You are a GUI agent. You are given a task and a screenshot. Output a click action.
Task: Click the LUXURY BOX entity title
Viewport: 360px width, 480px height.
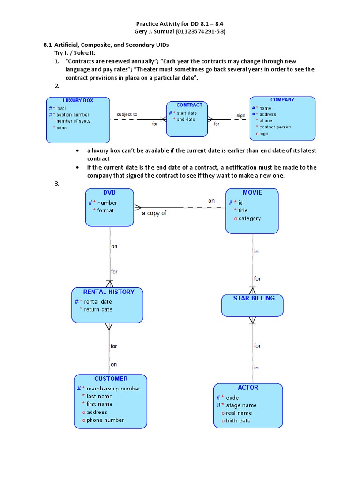pyautogui.click(x=78, y=100)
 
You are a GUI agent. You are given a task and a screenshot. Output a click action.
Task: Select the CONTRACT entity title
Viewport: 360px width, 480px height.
pyautogui.click(x=189, y=105)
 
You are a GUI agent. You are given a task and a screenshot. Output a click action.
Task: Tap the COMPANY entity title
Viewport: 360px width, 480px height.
pyautogui.click(x=282, y=100)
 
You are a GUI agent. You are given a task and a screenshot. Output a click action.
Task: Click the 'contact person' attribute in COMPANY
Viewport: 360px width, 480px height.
pyautogui.click(x=275, y=127)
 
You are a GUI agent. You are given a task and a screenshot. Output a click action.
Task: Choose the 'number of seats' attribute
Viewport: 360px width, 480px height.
pyautogui.click(x=73, y=121)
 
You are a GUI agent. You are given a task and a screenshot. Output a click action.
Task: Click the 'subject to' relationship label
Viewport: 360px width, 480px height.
pyautogui.click(x=127, y=114)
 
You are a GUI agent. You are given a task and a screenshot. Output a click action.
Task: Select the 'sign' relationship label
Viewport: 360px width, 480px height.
pyautogui.click(x=240, y=115)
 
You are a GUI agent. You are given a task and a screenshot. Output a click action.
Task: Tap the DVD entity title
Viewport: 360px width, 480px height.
pyautogui.click(x=109, y=192)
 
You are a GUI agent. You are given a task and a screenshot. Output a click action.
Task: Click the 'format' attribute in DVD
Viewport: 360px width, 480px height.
pyautogui.click(x=105, y=210)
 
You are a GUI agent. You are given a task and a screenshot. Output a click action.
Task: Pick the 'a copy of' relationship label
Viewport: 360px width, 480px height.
pyautogui.click(x=154, y=213)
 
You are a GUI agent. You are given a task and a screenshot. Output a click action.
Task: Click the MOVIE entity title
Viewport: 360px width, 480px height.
pyautogui.click(x=252, y=192)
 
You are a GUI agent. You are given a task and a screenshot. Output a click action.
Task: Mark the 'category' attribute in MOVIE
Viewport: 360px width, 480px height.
pyautogui.click(x=249, y=218)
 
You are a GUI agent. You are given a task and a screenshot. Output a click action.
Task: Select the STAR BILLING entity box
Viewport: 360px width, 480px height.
pyautogui.click(x=252, y=305)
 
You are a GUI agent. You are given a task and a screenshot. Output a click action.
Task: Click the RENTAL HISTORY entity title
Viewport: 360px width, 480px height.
pyautogui.click(x=108, y=292)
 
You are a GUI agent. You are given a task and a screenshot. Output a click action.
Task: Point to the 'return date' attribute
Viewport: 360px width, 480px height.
pyautogui.click(x=98, y=309)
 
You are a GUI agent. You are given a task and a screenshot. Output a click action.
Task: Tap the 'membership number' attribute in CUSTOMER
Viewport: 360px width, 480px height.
pyautogui.click(x=113, y=388)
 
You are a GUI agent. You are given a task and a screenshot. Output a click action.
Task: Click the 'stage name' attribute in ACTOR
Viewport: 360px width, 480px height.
pyautogui.click(x=241, y=405)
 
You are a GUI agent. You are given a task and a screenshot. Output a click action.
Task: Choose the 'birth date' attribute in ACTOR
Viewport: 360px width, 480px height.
pyautogui.click(x=238, y=420)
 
